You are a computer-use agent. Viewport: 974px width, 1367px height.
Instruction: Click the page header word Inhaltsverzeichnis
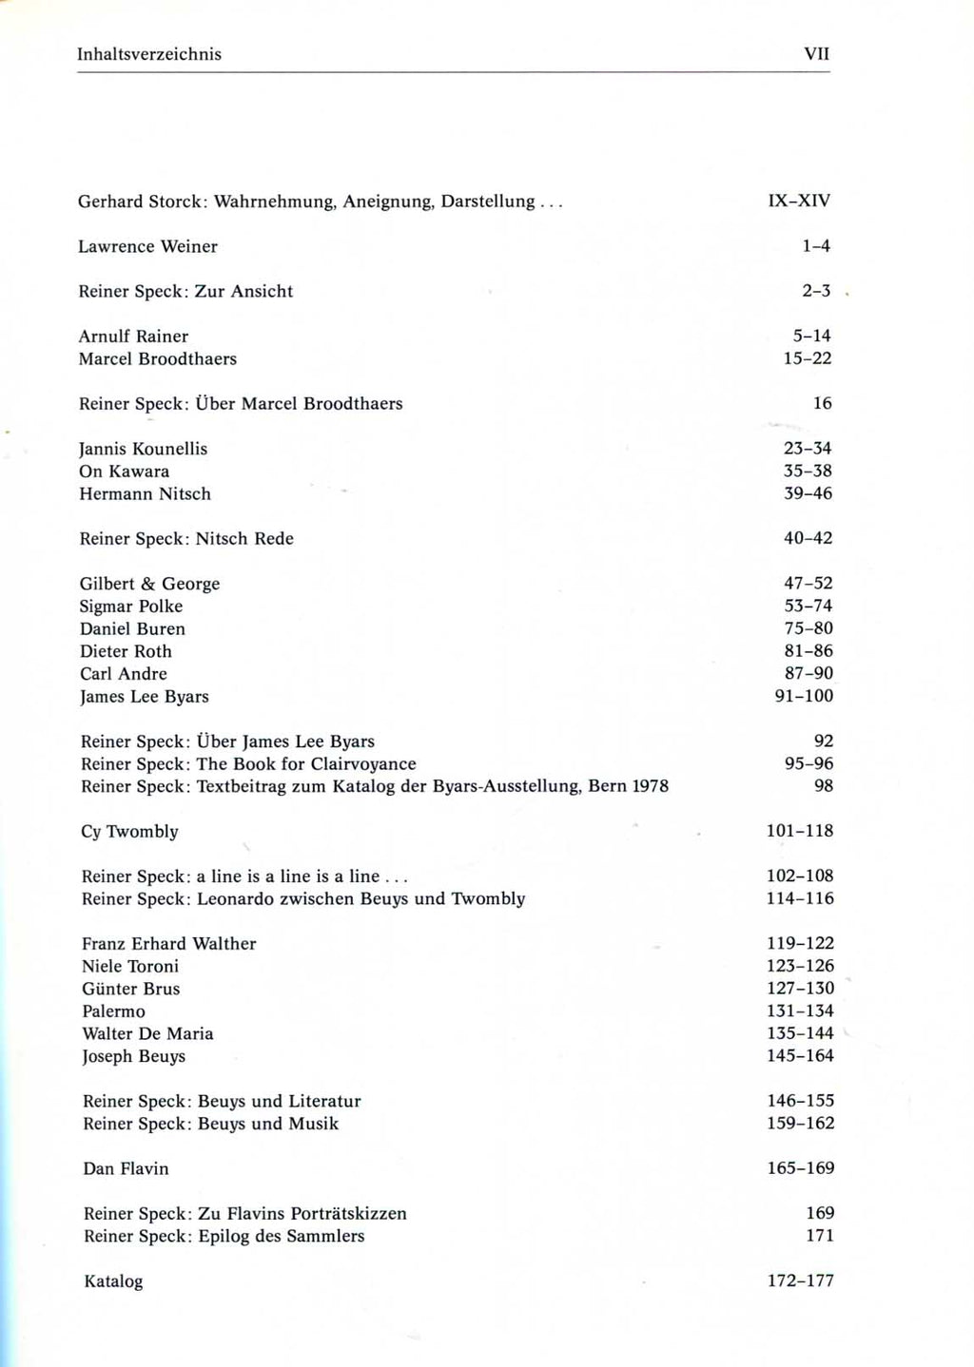[149, 54]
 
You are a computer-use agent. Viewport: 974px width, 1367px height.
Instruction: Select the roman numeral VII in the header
[817, 54]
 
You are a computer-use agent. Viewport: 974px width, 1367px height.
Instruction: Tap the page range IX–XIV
[799, 201]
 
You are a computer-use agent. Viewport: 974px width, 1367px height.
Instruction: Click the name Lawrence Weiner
[147, 246]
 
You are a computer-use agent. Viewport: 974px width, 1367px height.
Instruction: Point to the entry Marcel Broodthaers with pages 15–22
[158, 358]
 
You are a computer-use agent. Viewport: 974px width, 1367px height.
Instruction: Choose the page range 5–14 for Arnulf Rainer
[809, 336]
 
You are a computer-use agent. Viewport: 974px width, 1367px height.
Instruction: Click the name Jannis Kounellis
[143, 449]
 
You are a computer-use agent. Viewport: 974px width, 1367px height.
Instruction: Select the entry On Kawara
[124, 472]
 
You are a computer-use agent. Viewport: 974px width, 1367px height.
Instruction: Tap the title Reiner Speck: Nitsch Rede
[186, 539]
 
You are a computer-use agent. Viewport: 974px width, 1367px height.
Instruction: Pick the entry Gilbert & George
[149, 584]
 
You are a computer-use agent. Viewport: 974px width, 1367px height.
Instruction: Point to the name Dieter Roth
[126, 651]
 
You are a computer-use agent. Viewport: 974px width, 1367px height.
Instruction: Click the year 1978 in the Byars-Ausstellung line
[650, 786]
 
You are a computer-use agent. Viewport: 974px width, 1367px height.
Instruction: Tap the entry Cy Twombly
[129, 832]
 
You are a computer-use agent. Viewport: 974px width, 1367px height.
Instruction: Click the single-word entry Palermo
[113, 1011]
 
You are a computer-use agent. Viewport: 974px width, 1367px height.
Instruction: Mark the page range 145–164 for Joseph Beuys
[800, 1055]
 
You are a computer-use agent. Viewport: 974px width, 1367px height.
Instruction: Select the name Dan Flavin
[126, 1168]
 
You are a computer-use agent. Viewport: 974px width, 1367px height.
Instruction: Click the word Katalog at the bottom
[113, 1281]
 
